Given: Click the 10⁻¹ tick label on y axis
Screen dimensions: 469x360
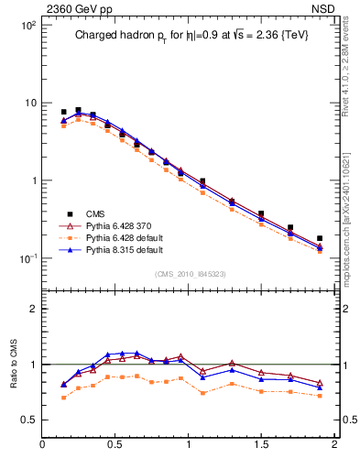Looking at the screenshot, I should click(x=27, y=258).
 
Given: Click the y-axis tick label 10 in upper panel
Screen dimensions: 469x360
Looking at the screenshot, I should click(x=29, y=103).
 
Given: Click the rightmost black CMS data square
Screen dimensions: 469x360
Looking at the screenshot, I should click(x=320, y=238).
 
